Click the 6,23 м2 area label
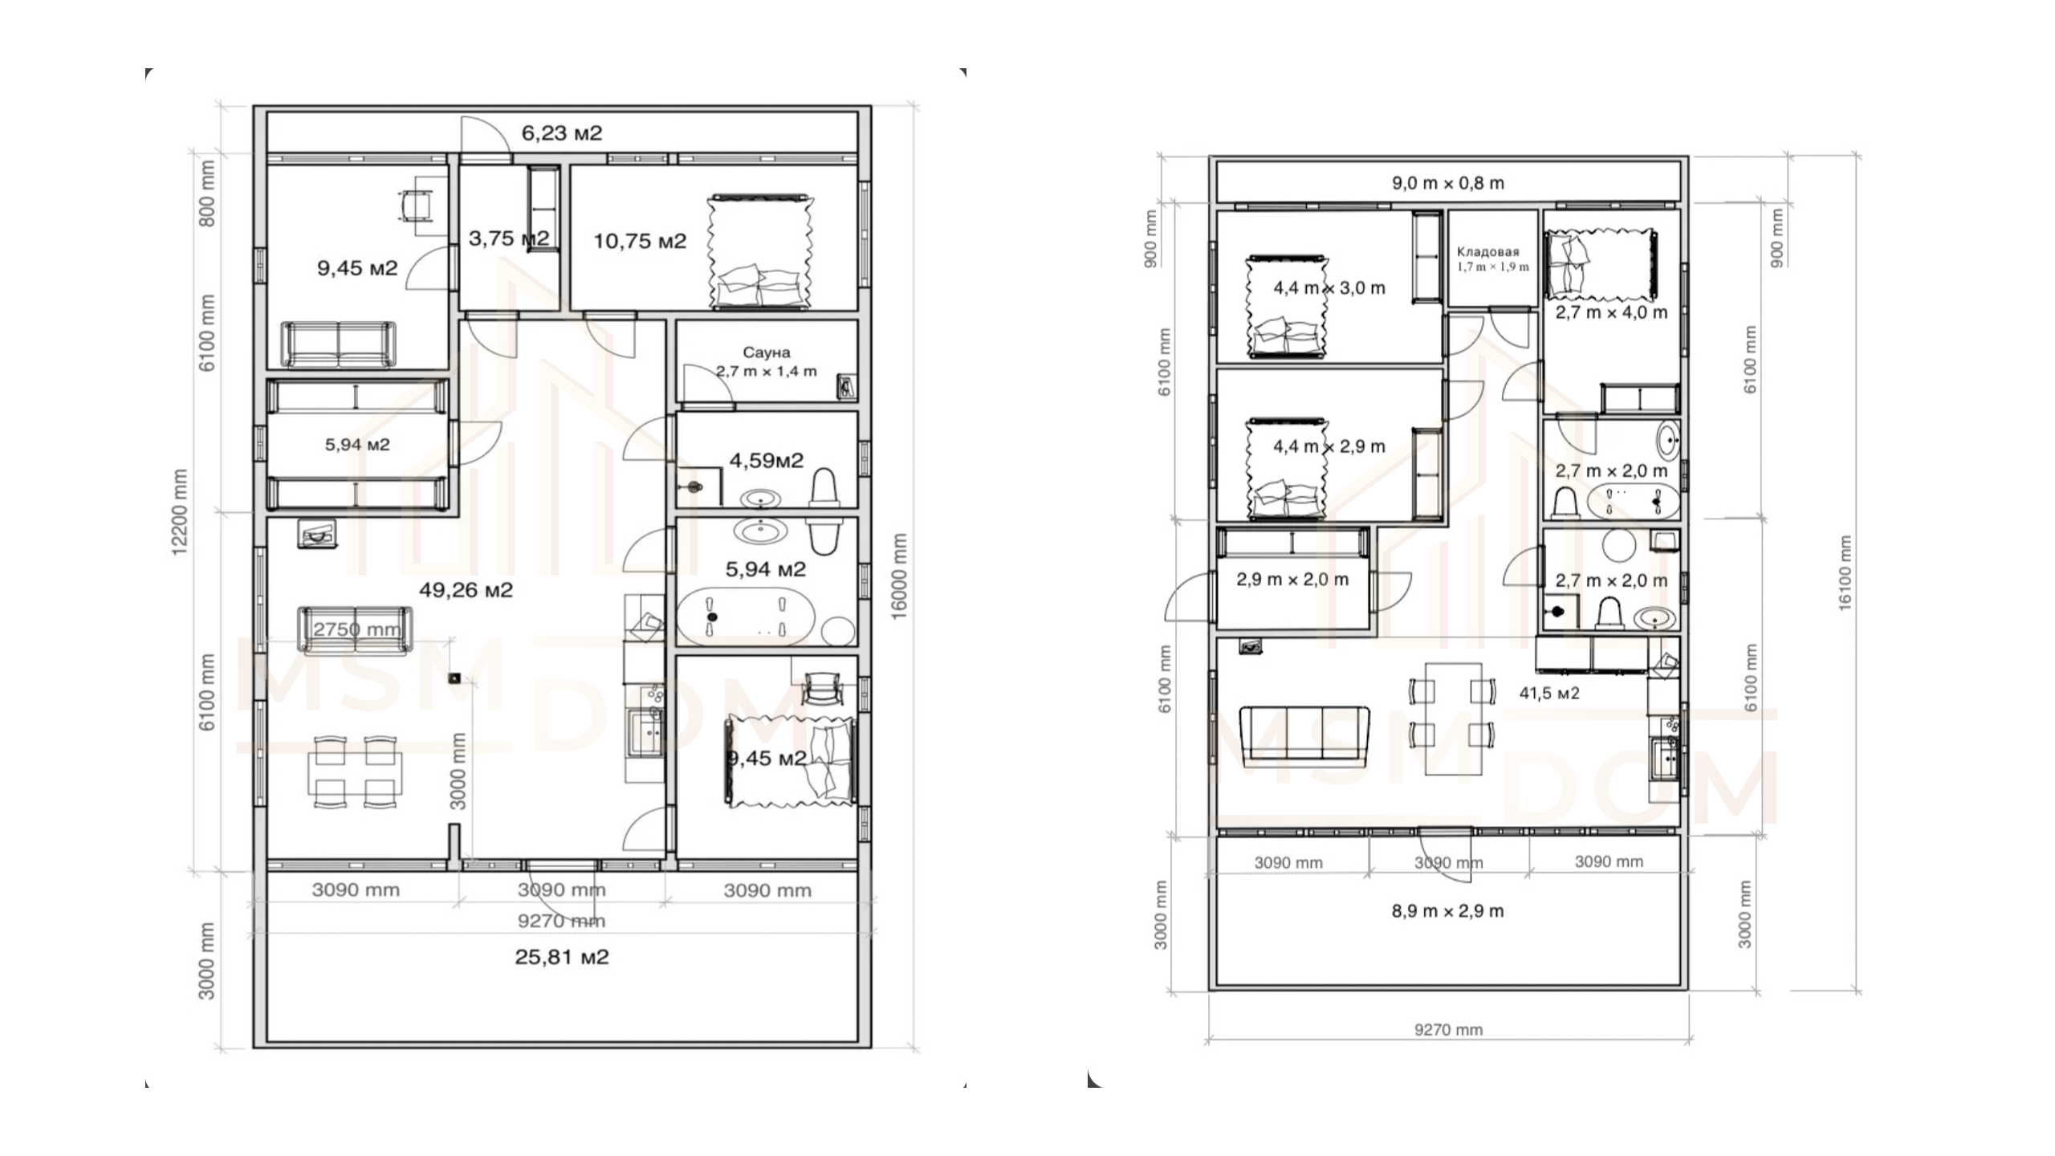[x=562, y=133]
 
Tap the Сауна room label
[x=767, y=352]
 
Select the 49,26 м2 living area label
[x=466, y=590]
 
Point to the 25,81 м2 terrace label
[x=562, y=957]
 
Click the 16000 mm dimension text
[x=899, y=576]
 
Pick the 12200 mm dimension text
[x=179, y=511]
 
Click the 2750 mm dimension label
[x=356, y=629]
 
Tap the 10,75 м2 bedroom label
[x=640, y=241]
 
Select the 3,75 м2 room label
[x=509, y=238]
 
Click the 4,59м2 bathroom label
[x=766, y=461]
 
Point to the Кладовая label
[x=1488, y=251]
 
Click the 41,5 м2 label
[x=1549, y=693]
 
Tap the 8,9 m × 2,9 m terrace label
[x=1448, y=911]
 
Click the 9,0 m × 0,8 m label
[x=1448, y=183]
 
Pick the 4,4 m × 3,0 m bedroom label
[x=1329, y=287]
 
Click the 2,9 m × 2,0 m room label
[x=1292, y=580]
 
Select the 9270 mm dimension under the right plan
[x=1448, y=1030]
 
